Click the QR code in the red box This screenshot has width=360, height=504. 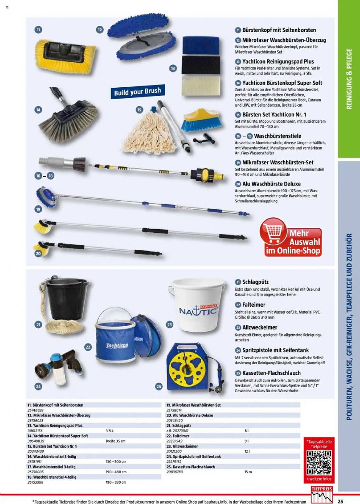319,462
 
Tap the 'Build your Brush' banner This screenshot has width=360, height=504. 137,91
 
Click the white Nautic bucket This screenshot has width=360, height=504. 198,305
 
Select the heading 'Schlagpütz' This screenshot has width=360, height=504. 255,282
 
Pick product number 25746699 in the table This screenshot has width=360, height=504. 36,410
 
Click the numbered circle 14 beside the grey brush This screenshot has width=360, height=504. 39,110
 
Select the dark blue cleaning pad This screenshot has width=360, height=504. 200,45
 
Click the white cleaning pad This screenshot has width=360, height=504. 200,86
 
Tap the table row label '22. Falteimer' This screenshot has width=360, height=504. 177,436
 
